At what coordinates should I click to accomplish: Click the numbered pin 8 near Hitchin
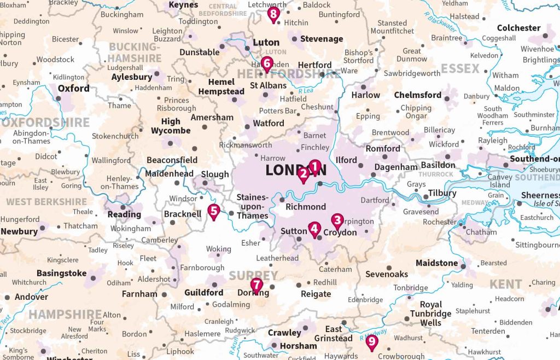pos(273,14)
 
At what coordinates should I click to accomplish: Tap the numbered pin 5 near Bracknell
pos(214,211)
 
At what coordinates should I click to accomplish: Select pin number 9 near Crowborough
pos(372,342)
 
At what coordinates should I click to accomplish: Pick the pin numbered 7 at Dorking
pos(256,285)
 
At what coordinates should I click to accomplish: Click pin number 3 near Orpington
pos(337,220)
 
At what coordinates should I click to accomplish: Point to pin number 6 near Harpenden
pos(267,63)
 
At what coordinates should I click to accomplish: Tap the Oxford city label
pos(73,88)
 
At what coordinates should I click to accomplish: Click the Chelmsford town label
pos(418,95)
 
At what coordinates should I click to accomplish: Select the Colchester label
pos(518,28)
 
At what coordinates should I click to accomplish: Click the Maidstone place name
pos(436,263)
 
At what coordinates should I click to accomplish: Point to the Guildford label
pos(203,293)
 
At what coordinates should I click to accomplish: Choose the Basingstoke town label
pos(61,273)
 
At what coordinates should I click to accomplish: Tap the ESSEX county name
pos(460,69)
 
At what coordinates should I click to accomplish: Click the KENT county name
pos(505,284)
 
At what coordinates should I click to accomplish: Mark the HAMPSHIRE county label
pos(65,315)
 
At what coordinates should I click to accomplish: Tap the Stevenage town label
pos(322,39)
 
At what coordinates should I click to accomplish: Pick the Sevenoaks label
pos(387,274)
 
